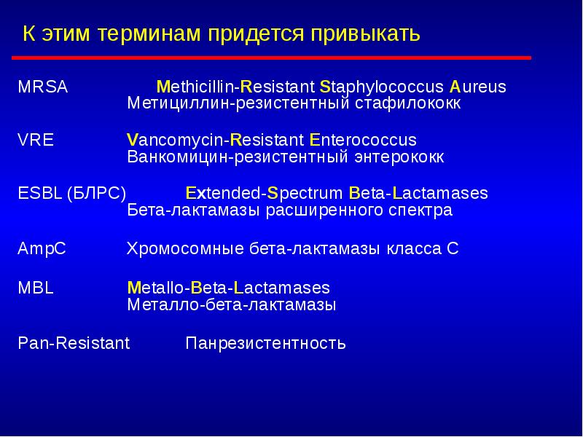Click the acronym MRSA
[x=42, y=87]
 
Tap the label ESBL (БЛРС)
[x=71, y=194]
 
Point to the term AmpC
[x=42, y=248]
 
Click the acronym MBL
[x=36, y=288]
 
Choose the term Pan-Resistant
[x=73, y=343]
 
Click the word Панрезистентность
[x=265, y=343]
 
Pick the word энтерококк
[x=400, y=157]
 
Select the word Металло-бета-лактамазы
[x=231, y=305]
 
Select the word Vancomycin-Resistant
[x=215, y=141]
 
